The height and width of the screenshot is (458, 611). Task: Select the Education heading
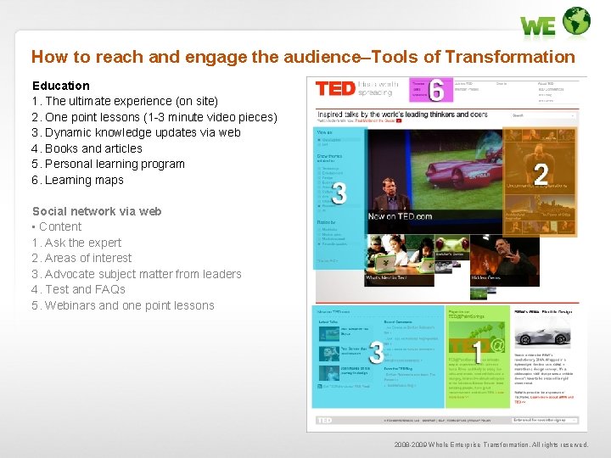[60, 86]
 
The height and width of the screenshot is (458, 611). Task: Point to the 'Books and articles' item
[93, 148]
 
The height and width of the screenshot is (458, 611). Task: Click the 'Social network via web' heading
[96, 211]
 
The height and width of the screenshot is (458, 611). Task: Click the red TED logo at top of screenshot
[334, 88]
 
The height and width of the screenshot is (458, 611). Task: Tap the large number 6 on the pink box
[437, 90]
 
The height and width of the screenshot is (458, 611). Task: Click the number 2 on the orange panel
[540, 174]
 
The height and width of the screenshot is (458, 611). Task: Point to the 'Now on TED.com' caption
[400, 216]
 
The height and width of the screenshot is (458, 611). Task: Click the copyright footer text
[490, 444]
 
